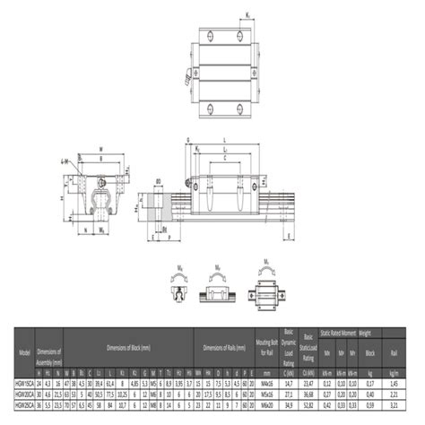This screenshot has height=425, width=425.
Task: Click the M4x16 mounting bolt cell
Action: click(x=266, y=382)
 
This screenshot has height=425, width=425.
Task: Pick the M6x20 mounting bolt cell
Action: click(x=266, y=404)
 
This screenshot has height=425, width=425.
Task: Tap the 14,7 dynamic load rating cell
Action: click(x=289, y=382)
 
